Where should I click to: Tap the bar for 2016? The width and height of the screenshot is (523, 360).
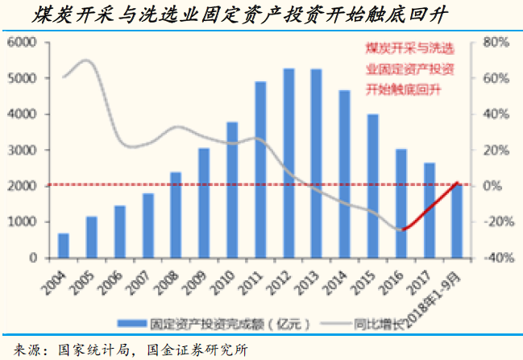click(401, 204)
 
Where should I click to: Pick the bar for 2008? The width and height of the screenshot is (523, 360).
click(176, 215)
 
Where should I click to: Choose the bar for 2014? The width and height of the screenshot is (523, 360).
click(345, 174)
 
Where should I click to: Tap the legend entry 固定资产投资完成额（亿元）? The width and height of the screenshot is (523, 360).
click(218, 325)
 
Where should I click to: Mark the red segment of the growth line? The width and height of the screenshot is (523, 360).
click(431, 206)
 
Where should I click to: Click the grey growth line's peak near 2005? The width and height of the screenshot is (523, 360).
click(88, 60)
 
